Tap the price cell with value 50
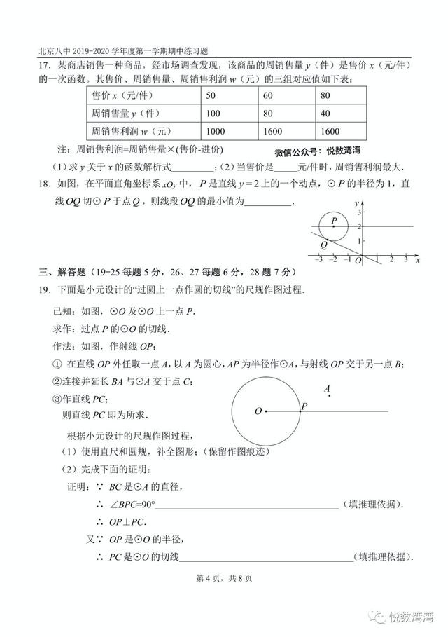pyautogui.click(x=211, y=95)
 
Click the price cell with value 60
pyautogui.click(x=268, y=95)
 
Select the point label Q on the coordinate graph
pyautogui.click(x=323, y=245)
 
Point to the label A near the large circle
pyautogui.click(x=327, y=388)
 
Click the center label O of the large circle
pyautogui.click(x=258, y=411)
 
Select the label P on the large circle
pyautogui.click(x=304, y=405)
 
